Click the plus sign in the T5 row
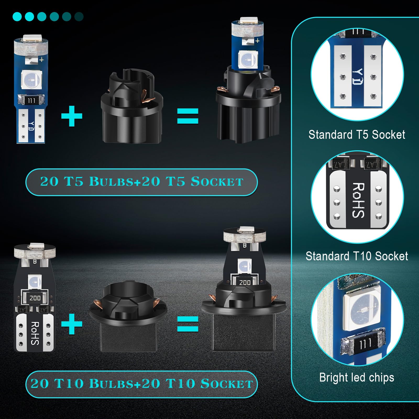click(72, 116)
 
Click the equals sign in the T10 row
click(188, 324)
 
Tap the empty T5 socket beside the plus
click(132, 106)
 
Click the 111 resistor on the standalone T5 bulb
click(31, 101)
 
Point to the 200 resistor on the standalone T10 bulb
click(35, 298)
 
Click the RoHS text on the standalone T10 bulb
click(35, 333)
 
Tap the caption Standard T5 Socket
click(357, 135)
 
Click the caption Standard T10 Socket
click(357, 256)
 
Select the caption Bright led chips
click(357, 377)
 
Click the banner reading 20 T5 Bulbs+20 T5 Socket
click(141, 182)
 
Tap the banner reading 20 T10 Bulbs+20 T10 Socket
click(141, 384)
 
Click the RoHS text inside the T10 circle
click(358, 200)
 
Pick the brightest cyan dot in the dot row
click(17, 16)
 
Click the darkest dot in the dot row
click(79, 16)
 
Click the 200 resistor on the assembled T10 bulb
click(245, 282)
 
